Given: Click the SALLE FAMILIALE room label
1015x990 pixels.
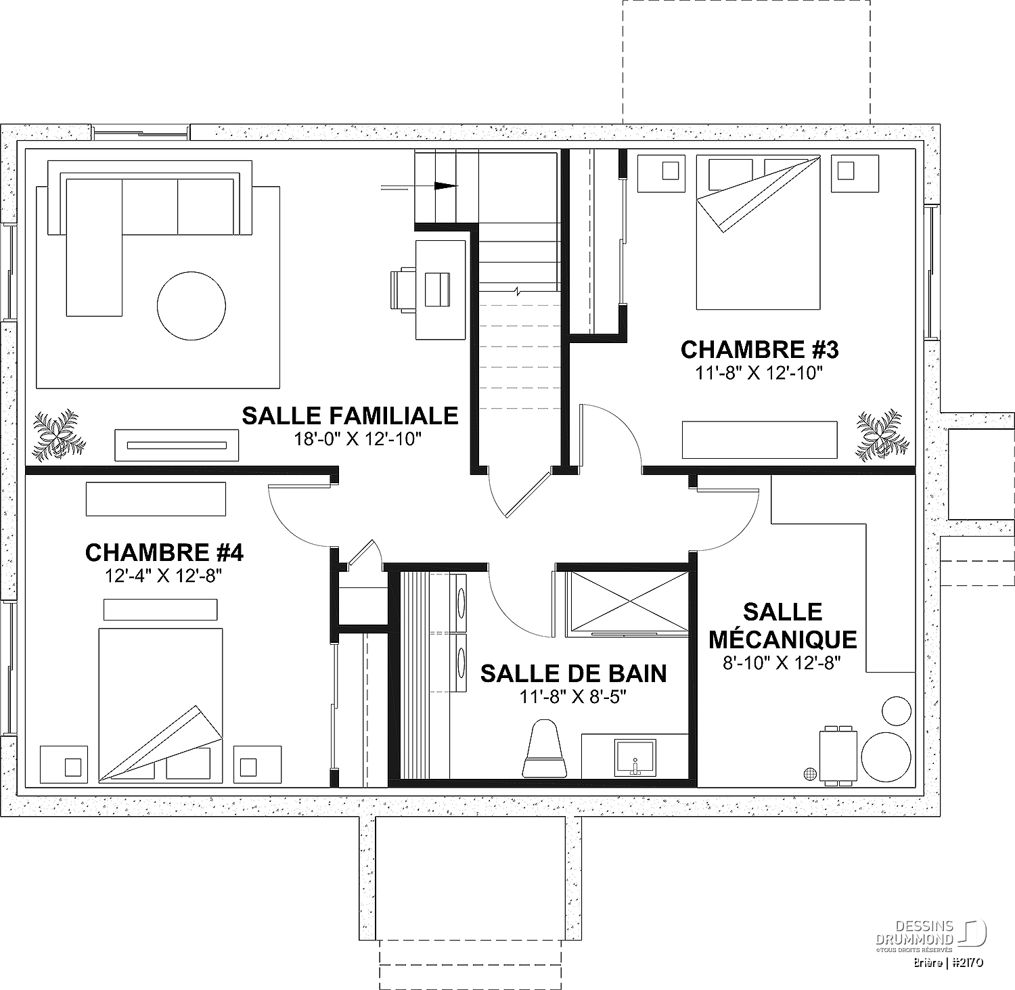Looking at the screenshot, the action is click(350, 415).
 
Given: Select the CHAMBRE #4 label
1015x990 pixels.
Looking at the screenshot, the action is click(164, 553).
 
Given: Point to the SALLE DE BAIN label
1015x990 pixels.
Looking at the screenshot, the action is click(573, 674).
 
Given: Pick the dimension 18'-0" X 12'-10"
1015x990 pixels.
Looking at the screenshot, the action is click(358, 438).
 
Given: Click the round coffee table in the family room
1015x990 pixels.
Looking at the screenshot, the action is click(191, 306).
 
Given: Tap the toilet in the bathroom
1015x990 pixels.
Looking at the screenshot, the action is click(545, 748).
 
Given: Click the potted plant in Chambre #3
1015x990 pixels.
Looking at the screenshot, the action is click(879, 434).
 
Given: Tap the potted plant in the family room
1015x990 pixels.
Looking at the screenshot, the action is click(60, 434).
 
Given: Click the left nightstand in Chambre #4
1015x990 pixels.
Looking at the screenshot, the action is click(64, 765).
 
